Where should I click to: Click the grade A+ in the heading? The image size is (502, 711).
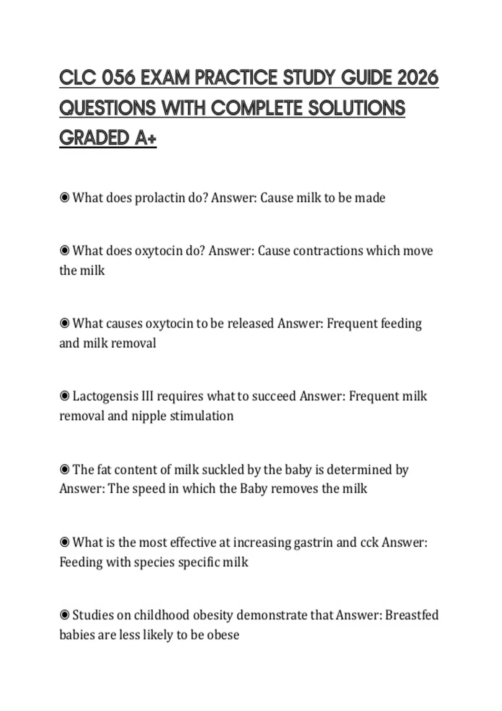[x=145, y=138]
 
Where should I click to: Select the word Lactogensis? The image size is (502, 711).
[x=105, y=396]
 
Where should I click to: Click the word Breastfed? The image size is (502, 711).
[x=412, y=615]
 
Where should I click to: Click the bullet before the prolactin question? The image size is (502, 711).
[x=64, y=197]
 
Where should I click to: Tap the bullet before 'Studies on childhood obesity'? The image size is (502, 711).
[x=64, y=615]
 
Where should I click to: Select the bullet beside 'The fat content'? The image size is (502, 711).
[x=64, y=469]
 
